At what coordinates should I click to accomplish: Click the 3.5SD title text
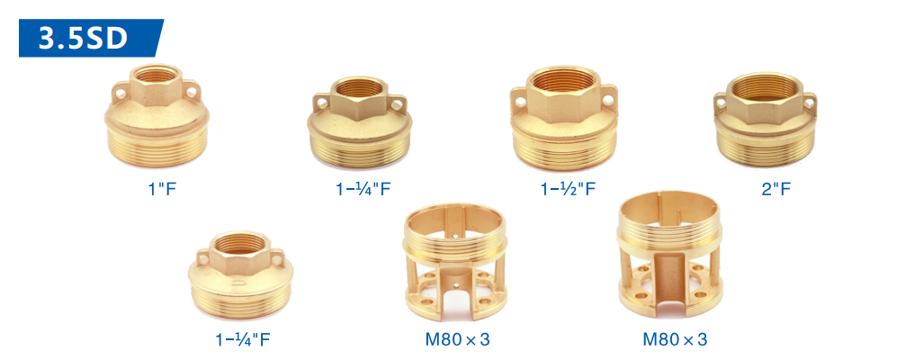coord(83,38)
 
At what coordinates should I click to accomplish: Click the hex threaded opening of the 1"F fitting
coord(156,74)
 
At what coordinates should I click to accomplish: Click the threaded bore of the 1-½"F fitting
coord(563,80)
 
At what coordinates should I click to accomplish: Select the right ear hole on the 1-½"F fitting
coord(606,101)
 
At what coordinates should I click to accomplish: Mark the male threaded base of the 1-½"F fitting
coord(563,152)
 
